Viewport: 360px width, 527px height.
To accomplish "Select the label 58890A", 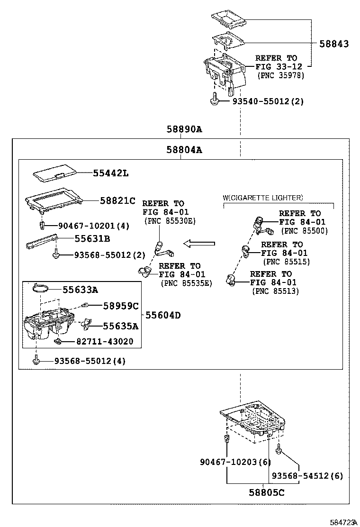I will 184,129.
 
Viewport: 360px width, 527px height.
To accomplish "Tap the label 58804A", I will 184,150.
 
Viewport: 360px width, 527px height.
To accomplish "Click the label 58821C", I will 117,200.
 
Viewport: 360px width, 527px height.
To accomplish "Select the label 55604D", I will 163,315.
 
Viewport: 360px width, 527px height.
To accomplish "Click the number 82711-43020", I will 104,341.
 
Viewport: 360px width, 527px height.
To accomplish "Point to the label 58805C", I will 267,492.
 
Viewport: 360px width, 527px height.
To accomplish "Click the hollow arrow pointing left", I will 199,244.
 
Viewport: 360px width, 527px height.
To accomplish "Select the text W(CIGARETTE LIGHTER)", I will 263,198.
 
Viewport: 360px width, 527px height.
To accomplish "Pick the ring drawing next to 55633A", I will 42,288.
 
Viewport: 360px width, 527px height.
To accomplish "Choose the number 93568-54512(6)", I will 307,476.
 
